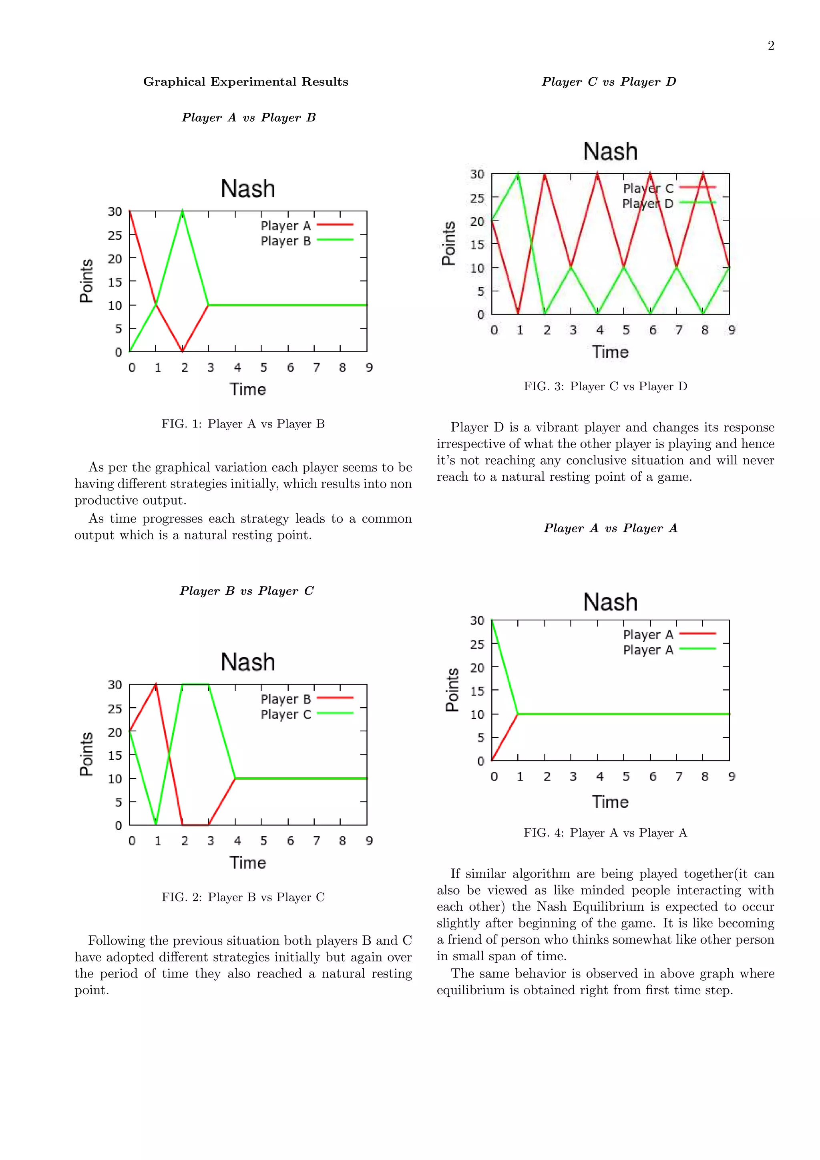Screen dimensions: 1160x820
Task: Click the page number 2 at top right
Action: click(770, 46)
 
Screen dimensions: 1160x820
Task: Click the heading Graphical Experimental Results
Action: click(245, 82)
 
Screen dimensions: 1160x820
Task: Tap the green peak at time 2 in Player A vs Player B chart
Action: click(183, 212)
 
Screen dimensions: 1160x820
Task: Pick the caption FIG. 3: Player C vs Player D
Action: click(605, 387)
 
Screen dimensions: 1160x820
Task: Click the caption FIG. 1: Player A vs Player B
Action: click(243, 424)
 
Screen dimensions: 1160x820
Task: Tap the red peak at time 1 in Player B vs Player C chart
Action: click(156, 685)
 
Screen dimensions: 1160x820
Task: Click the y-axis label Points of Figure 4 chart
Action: click(452, 690)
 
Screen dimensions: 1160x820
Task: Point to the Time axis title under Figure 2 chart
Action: click(247, 863)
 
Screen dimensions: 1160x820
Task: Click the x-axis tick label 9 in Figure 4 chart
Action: click(732, 777)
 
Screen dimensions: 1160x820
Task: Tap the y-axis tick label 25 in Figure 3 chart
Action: click(477, 198)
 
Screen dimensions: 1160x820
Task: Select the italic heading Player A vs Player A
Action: click(610, 528)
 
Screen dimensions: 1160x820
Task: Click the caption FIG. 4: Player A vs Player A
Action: click(605, 833)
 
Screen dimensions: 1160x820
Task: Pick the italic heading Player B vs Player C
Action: click(247, 591)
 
